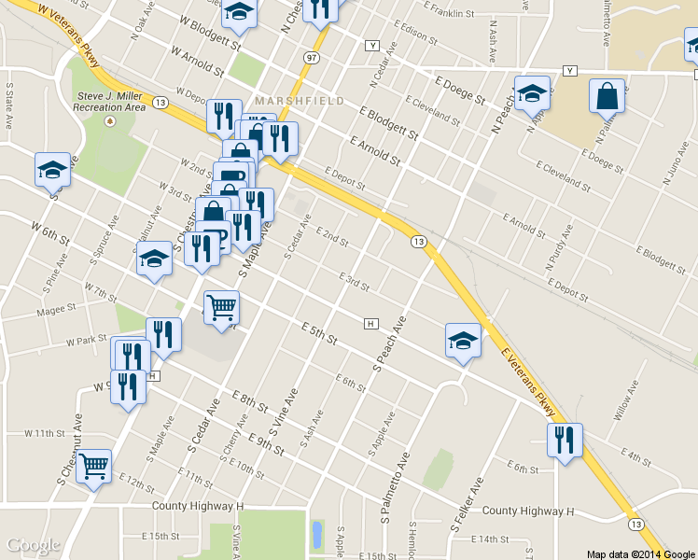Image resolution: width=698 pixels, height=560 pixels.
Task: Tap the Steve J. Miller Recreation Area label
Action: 111,102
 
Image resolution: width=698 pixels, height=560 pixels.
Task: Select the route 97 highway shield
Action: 308,57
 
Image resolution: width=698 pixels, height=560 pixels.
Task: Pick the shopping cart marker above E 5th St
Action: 221,307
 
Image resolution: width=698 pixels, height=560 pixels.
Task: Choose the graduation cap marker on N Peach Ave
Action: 532,93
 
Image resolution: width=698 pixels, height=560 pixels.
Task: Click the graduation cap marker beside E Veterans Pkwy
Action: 463,341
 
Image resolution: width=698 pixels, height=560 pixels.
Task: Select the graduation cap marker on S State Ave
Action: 52,170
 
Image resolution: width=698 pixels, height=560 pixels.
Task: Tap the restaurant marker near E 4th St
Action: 565,441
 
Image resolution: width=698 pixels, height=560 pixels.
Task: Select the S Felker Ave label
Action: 467,505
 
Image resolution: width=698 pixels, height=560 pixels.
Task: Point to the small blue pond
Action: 316,534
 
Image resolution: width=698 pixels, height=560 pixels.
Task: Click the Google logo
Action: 34,545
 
